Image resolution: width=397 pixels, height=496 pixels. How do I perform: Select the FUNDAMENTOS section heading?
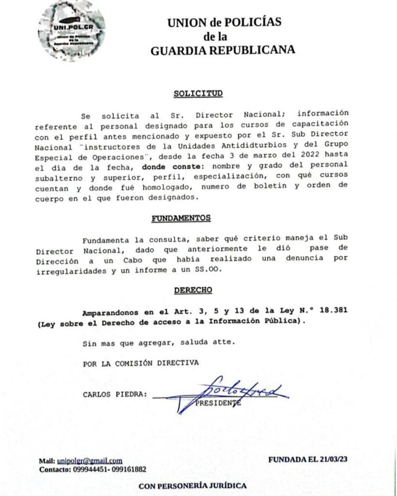tap(181, 218)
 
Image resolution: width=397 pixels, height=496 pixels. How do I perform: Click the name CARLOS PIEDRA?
tap(114, 394)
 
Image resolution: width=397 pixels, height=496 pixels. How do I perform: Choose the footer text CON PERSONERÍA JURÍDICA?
tap(193, 485)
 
